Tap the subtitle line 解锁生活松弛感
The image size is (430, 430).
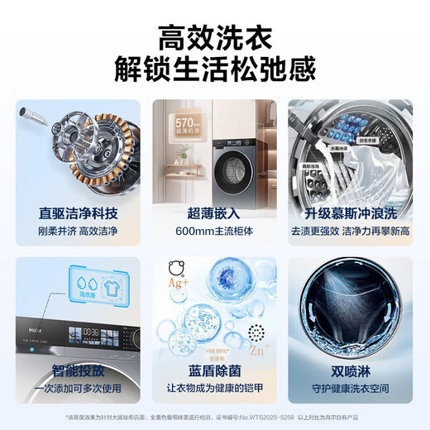click(214, 70)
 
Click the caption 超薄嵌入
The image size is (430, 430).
click(214, 213)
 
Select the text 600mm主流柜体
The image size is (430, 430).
click(214, 231)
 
